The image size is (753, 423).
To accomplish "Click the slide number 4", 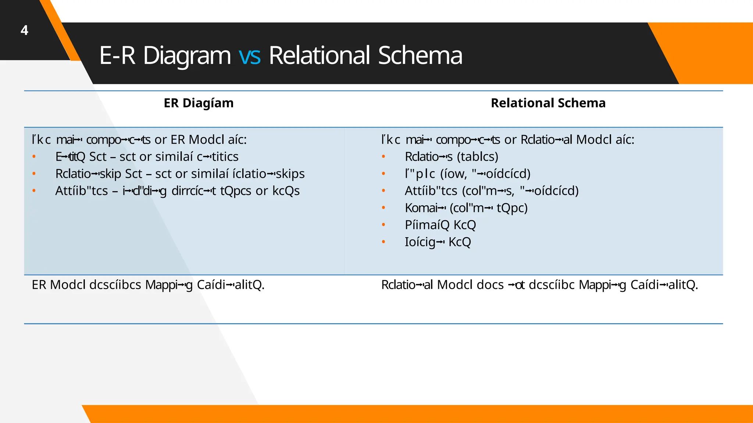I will point(24,30).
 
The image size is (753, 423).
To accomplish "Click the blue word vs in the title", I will point(250,56).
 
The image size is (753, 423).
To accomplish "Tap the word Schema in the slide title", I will point(420,56).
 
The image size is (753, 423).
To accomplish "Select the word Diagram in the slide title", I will point(187,56).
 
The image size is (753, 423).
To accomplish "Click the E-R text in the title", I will point(117,56).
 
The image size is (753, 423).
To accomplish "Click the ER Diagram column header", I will point(199,103).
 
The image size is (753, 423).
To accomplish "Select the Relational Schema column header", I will point(548,103).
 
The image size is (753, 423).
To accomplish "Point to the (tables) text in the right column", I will point(478,157).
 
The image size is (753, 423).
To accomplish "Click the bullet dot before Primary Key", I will point(383,225).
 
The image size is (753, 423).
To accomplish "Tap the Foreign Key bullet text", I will point(438,242).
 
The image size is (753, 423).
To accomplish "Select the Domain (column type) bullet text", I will point(466,208).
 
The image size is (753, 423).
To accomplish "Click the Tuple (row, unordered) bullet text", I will point(467,174).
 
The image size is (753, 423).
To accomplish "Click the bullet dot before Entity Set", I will point(34,157).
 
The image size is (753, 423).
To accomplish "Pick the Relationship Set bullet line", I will point(180,174).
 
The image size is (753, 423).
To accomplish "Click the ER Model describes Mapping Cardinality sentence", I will point(148,285).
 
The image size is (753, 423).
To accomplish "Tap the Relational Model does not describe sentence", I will point(539,285).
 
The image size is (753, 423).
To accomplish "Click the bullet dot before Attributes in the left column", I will point(34,191).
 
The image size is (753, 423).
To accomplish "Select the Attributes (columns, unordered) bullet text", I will point(491,191).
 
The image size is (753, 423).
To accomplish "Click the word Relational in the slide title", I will point(319,56).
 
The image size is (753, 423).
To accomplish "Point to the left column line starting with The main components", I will point(139,140).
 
